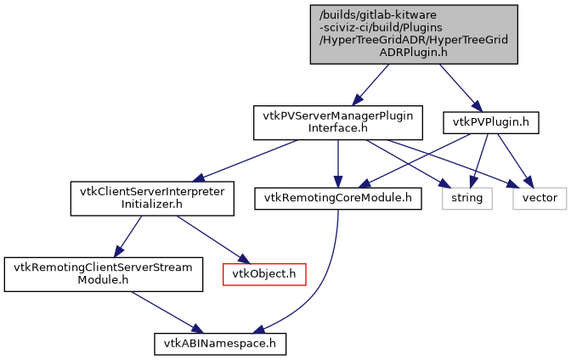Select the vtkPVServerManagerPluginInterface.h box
pos(338,122)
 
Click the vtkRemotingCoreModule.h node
pos(337,198)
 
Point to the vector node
pos(539,198)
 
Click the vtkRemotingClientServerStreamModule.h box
pos(105,273)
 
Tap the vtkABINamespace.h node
pos(219,343)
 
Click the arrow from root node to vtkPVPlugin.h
pos(459,85)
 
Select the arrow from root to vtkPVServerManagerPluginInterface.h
pos(372,85)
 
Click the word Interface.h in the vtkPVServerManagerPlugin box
pos(338,128)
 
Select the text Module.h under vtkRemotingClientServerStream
pos(105,279)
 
